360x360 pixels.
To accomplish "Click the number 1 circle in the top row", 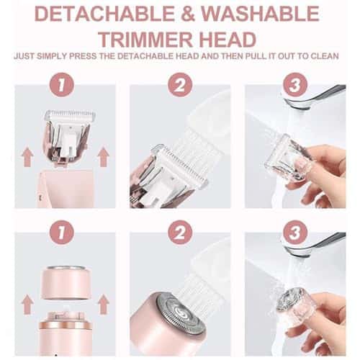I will point(61,84).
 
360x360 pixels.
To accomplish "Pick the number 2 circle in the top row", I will point(179,84).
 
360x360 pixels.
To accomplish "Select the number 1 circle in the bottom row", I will point(61,233).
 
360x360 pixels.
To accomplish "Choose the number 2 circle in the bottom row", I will point(179,233).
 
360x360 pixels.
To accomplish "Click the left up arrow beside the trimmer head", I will point(27,155).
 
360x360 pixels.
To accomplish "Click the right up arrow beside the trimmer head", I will point(102,155).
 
